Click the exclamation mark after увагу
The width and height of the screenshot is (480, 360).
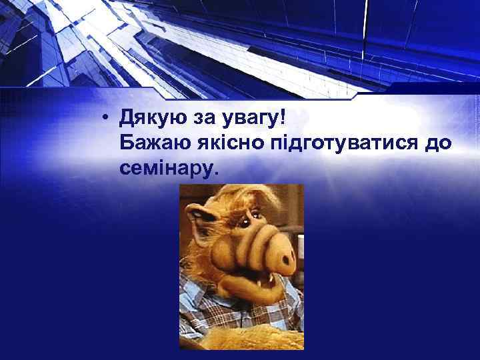283,121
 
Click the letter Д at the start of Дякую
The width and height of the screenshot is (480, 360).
125,121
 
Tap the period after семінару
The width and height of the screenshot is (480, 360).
214,175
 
